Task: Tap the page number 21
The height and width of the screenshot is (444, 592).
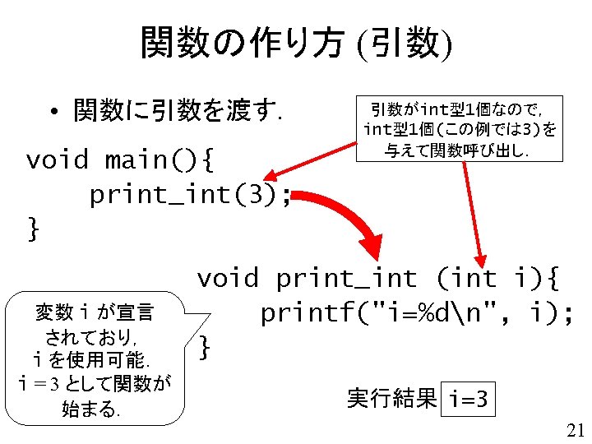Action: [575, 429]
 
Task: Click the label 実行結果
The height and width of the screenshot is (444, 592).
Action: [391, 399]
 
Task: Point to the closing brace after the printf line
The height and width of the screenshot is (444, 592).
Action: [206, 349]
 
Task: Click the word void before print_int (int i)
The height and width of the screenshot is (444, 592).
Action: [227, 279]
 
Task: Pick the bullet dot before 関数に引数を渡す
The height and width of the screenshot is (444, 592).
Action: [52, 111]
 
